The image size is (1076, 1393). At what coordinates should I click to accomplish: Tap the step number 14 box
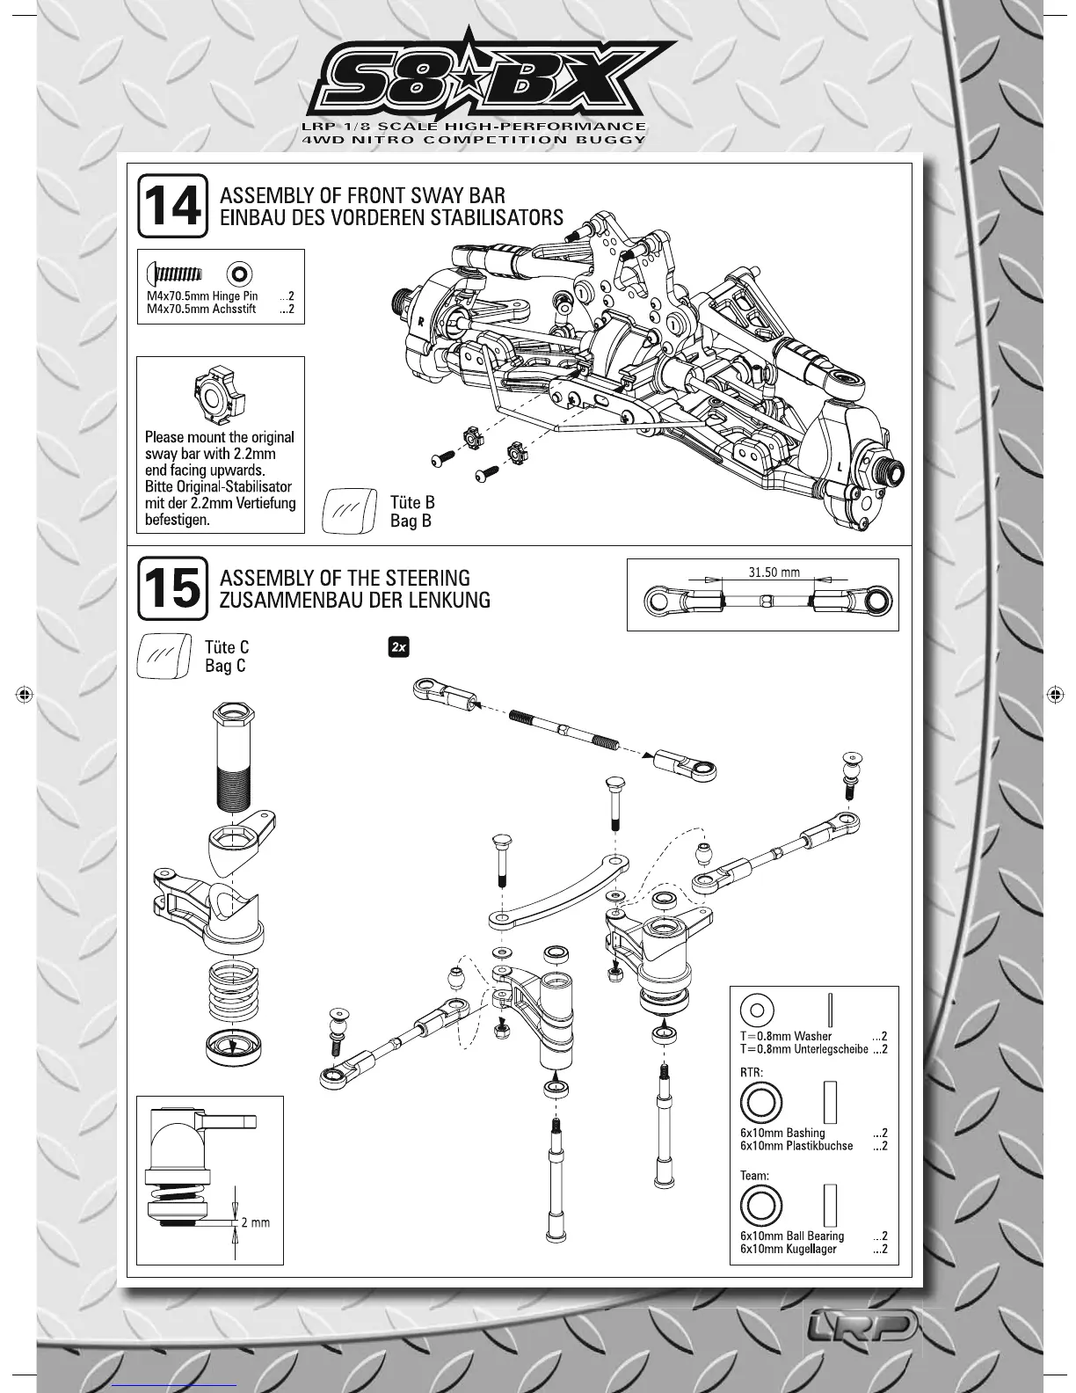tap(172, 206)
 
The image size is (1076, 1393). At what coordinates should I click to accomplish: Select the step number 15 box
tap(172, 588)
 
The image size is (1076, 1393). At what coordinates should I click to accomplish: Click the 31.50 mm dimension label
tap(774, 573)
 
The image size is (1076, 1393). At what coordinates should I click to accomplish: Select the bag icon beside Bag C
tap(164, 656)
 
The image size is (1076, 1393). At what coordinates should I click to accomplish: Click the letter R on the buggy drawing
tap(421, 323)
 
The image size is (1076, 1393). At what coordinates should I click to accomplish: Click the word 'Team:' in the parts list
tap(755, 1175)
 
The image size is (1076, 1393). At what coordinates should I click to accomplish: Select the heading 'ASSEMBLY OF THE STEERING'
tap(344, 578)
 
